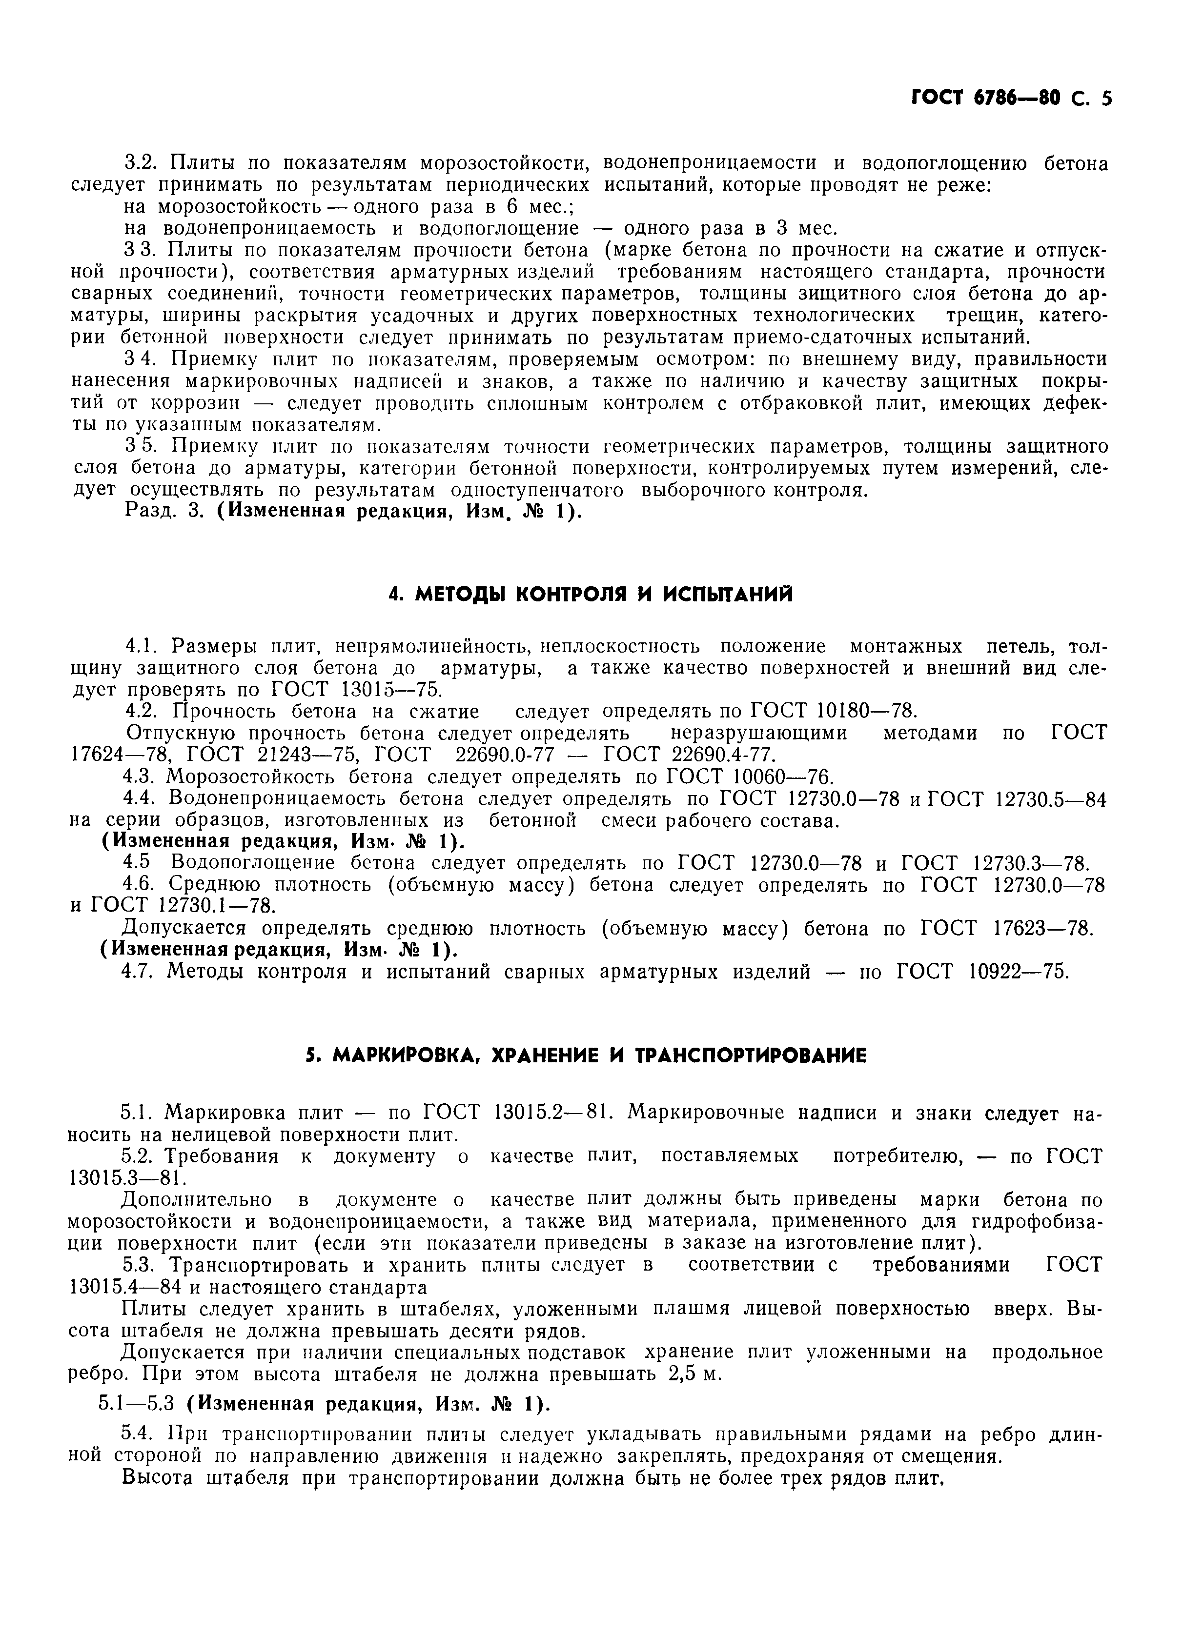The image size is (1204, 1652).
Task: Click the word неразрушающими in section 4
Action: coord(759,733)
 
